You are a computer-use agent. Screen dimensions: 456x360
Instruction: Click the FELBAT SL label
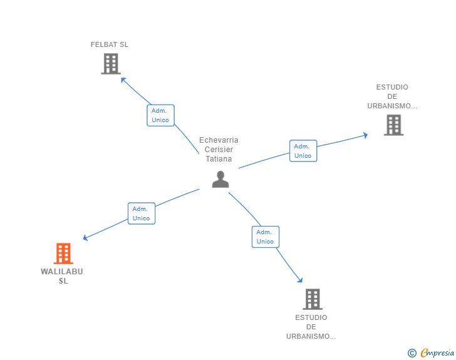[x=110, y=44]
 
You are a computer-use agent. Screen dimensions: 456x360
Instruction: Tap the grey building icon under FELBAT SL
[x=111, y=64]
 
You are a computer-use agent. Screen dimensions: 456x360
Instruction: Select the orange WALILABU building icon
[x=63, y=254]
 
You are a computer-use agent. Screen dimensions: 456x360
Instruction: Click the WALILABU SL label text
[x=62, y=276]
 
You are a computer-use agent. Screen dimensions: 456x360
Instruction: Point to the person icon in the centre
[x=220, y=179]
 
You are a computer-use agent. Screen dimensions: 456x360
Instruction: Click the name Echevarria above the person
[x=219, y=140]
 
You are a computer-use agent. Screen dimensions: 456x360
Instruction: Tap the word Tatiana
[x=219, y=159]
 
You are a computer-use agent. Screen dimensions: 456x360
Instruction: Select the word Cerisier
[x=219, y=150]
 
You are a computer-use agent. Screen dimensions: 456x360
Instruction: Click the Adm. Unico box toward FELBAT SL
[x=160, y=115]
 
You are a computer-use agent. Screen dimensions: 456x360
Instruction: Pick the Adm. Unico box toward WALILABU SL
[x=142, y=213]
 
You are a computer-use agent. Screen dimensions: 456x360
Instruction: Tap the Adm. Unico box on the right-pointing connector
[x=303, y=151]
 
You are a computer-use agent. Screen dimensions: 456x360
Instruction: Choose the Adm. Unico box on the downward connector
[x=266, y=237]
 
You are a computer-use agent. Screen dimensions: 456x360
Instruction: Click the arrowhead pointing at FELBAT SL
[x=123, y=80]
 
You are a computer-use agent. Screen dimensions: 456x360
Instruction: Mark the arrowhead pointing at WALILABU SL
[x=85, y=237]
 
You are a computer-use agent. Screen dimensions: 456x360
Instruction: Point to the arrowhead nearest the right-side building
[x=365, y=135]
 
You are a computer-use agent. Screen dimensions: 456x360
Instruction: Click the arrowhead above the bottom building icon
[x=300, y=280]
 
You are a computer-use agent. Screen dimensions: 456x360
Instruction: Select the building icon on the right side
[x=394, y=125]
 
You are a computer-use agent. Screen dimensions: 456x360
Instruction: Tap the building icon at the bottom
[x=313, y=299]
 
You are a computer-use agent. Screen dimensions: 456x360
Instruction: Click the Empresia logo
[x=437, y=352]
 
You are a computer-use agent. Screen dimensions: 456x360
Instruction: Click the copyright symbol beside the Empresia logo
[x=412, y=353]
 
